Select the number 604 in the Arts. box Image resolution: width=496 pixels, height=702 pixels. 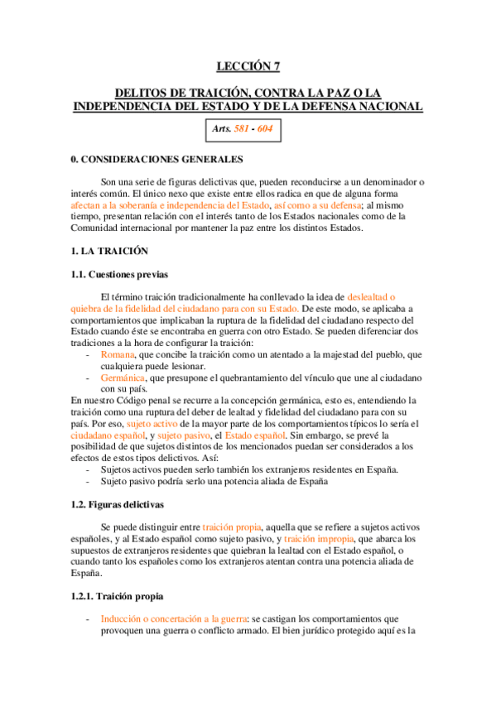263,129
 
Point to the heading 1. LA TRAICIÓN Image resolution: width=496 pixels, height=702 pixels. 111,249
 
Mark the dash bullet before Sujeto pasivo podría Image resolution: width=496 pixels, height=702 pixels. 89,480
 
